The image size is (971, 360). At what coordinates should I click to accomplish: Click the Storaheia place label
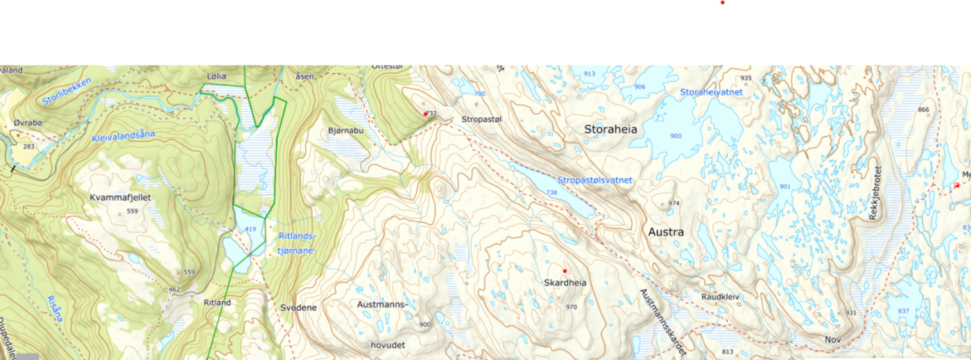click(610, 129)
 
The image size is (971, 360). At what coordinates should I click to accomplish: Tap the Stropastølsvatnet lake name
click(595, 180)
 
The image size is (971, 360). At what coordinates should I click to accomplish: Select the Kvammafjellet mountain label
click(120, 198)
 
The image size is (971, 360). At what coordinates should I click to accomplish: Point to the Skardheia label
click(565, 283)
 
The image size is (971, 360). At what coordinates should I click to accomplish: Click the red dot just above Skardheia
click(565, 271)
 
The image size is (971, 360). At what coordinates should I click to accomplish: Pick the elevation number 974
click(673, 203)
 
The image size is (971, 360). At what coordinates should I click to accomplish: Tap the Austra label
click(666, 232)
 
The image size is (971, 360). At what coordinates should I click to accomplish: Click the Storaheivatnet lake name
click(711, 92)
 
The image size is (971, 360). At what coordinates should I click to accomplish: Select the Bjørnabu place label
click(345, 130)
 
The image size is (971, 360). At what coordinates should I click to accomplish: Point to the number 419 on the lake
click(250, 229)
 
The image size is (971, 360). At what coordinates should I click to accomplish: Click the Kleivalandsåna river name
click(123, 136)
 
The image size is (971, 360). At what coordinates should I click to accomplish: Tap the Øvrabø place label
click(28, 123)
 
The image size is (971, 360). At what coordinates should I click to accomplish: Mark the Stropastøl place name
click(481, 119)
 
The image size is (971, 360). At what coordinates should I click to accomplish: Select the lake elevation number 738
click(551, 192)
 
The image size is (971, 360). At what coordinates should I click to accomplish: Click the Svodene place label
click(298, 307)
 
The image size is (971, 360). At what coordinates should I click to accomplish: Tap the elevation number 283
click(28, 147)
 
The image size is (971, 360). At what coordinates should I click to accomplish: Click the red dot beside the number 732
click(425, 114)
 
